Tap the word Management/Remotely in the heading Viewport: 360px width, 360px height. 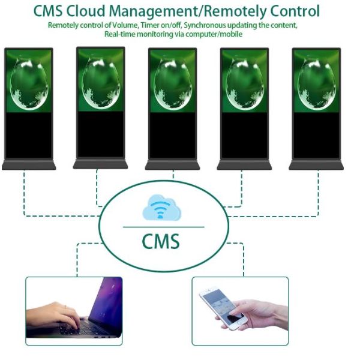tap(191, 11)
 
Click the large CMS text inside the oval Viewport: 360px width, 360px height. tap(160, 241)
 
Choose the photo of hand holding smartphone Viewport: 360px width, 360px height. tap(240, 310)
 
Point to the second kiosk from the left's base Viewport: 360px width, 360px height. tap(100, 164)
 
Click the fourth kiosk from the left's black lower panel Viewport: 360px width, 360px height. tap(244, 136)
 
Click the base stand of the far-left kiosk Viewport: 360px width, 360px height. tap(28, 164)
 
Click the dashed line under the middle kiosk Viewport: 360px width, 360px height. tap(173, 175)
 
